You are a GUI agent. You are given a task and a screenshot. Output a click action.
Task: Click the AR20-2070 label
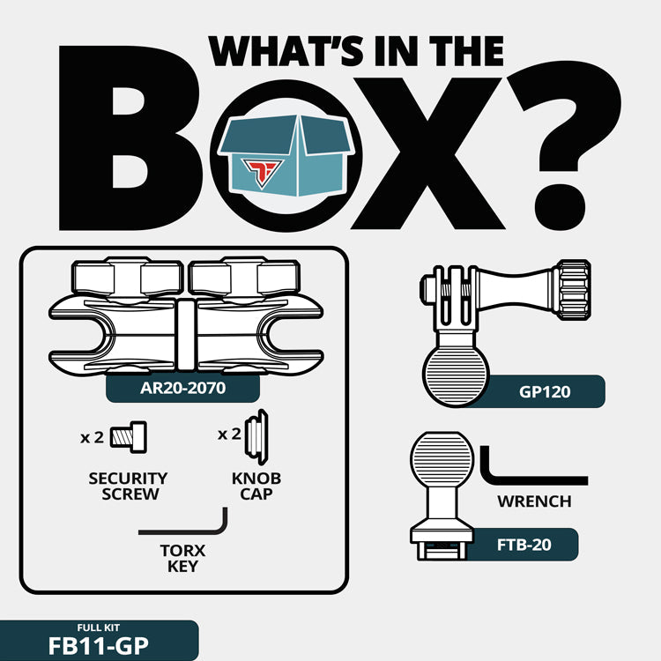pyautogui.click(x=182, y=388)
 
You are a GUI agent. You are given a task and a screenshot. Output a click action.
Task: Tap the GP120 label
pyautogui.click(x=545, y=391)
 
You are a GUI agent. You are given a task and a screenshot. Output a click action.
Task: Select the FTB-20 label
pyautogui.click(x=524, y=545)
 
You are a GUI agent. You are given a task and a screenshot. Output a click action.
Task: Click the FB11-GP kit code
pyautogui.click(x=99, y=646)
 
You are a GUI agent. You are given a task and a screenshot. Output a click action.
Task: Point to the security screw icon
pyautogui.click(x=129, y=437)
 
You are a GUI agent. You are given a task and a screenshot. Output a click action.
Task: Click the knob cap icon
pyautogui.click(x=256, y=437)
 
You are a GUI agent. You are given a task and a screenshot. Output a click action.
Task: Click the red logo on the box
pyautogui.click(x=262, y=173)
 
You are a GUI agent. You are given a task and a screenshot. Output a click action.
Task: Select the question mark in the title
pyautogui.click(x=564, y=147)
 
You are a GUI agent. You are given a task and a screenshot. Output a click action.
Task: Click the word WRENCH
pyautogui.click(x=534, y=501)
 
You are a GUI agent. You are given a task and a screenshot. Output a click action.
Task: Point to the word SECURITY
pyautogui.click(x=128, y=479)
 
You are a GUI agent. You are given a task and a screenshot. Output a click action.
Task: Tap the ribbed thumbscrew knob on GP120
pyautogui.click(x=573, y=290)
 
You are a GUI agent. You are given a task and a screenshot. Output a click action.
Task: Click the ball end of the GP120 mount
pyautogui.click(x=456, y=375)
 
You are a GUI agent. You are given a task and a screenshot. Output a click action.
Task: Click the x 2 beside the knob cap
pyautogui.click(x=229, y=434)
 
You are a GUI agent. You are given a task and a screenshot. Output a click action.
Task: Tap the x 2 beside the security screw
pyautogui.click(x=92, y=437)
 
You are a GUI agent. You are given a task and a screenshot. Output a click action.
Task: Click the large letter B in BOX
pyautogui.click(x=129, y=137)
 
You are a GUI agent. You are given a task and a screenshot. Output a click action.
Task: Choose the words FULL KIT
pyautogui.click(x=99, y=628)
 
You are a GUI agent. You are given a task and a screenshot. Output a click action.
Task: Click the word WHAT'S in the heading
pyautogui.click(x=286, y=51)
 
